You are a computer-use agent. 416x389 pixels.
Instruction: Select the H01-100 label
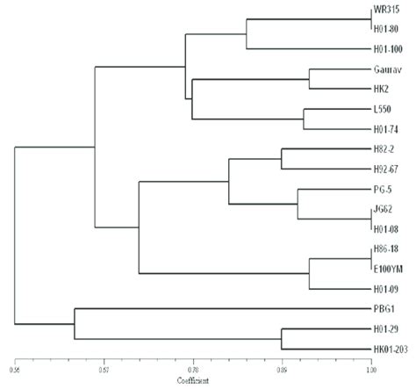point(385,48)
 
